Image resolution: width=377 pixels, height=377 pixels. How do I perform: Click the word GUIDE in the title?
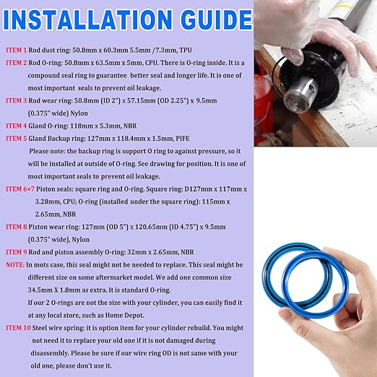(216, 19)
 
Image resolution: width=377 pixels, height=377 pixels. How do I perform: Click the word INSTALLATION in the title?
(87, 19)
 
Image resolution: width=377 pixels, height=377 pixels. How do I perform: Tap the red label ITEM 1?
(17, 50)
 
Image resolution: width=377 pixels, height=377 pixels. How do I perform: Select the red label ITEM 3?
(17, 100)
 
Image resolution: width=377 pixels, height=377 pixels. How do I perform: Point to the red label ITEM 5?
(17, 139)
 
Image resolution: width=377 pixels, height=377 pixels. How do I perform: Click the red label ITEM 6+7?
(20, 189)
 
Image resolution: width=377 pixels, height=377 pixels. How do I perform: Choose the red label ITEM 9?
(17, 252)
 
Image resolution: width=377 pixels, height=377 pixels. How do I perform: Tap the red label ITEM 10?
(18, 328)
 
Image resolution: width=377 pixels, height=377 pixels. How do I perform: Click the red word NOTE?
(15, 265)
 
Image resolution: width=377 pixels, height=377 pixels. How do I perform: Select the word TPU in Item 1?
(186, 50)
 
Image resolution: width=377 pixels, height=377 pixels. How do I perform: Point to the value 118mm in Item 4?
(82, 126)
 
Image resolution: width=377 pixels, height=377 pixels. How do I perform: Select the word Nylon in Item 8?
(80, 240)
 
